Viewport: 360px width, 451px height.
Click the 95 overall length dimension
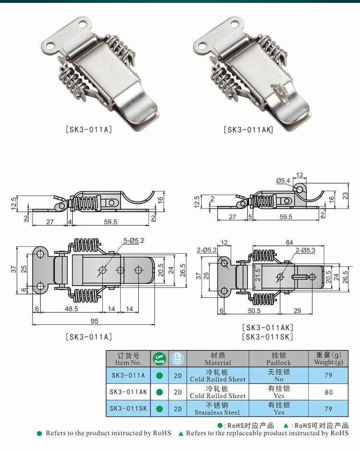(94, 321)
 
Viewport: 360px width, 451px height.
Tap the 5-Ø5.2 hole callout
(134, 241)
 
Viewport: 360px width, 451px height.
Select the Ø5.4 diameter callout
(283, 181)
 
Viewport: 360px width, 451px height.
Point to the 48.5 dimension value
(72, 309)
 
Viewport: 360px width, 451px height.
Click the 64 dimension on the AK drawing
(289, 243)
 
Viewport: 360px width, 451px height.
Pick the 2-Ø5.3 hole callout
(305, 250)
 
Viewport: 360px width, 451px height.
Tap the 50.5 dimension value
(254, 311)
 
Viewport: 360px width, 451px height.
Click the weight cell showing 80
(328, 392)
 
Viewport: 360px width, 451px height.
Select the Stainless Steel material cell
(217, 409)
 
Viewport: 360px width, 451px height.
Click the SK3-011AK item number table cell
(128, 392)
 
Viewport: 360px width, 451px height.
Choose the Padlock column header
(278, 359)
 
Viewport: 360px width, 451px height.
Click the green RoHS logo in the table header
(159, 359)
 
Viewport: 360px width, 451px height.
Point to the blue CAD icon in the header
(178, 359)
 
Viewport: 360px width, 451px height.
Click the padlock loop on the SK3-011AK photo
(278, 93)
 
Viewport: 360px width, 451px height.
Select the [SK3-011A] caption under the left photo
(89, 129)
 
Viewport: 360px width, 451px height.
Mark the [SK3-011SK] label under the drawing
(267, 337)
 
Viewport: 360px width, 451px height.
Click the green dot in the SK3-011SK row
(159, 409)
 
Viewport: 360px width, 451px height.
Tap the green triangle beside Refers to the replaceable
(181, 433)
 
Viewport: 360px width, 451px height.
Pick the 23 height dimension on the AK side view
(345, 195)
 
